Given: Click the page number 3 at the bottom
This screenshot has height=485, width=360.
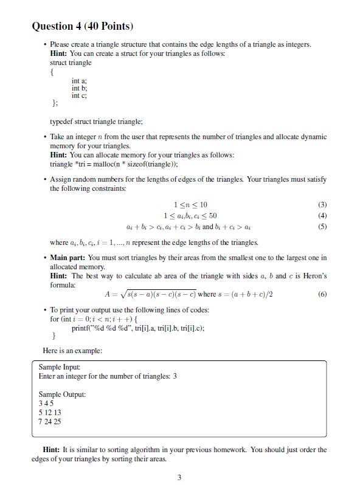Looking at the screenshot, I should (x=179, y=477).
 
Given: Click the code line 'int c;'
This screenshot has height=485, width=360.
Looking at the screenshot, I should (x=80, y=95).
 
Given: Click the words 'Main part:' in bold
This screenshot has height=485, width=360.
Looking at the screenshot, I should (x=68, y=258).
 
